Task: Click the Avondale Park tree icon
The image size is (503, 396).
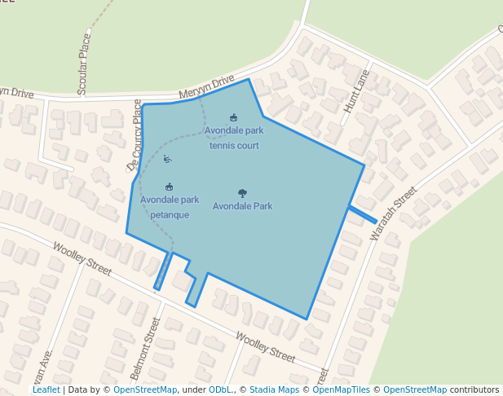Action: (x=242, y=193)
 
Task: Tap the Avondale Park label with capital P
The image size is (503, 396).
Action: (x=242, y=206)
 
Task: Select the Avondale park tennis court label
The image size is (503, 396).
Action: (x=234, y=138)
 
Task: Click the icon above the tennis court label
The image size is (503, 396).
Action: (x=234, y=117)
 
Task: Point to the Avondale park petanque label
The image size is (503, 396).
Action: (x=170, y=207)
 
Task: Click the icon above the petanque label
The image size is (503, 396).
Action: (x=169, y=187)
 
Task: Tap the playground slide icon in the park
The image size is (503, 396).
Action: (x=167, y=159)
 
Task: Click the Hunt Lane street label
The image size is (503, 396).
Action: (x=356, y=90)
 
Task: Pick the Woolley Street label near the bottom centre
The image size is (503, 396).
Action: (x=265, y=346)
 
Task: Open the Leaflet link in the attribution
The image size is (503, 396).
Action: (x=46, y=390)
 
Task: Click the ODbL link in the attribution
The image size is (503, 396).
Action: (x=220, y=390)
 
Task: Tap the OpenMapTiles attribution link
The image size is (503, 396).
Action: (x=342, y=390)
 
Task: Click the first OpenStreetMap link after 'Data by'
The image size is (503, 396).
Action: (x=145, y=390)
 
